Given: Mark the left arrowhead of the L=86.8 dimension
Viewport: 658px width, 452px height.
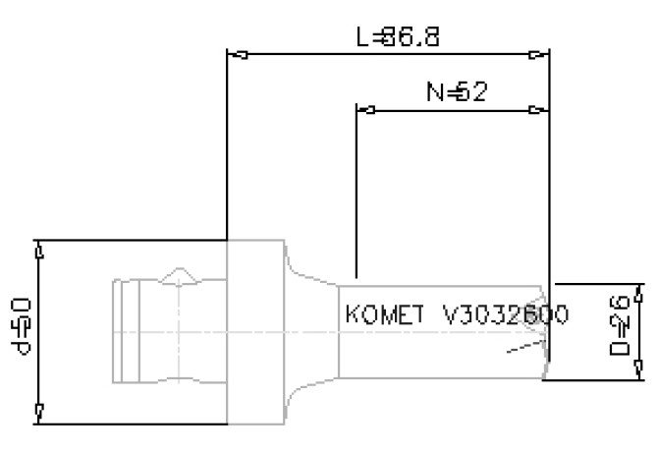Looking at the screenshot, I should pos(236,54).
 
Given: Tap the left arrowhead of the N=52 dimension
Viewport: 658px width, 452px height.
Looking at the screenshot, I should pos(364,109).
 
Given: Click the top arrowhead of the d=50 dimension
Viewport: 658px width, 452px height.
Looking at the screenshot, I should pos(38,250).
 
